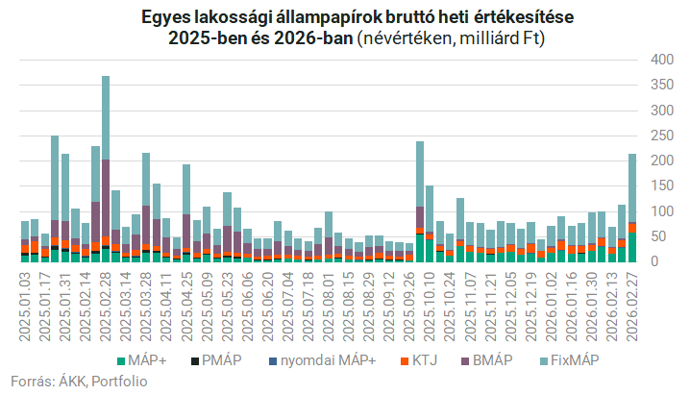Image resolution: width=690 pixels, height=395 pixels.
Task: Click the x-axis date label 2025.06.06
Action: click(248, 303)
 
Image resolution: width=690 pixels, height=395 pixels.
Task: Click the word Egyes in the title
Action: click(166, 17)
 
